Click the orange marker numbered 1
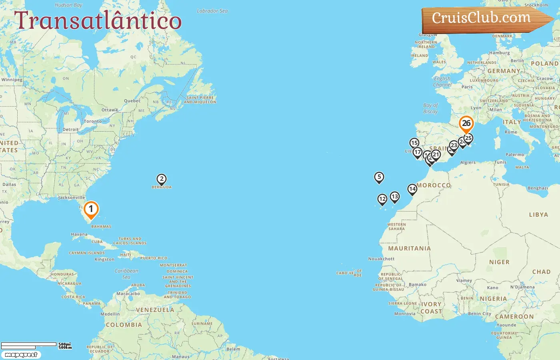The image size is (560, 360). click(91, 209)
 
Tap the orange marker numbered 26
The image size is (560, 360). click(466, 124)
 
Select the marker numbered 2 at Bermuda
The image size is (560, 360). click(162, 179)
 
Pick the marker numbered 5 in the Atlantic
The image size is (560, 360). click(379, 177)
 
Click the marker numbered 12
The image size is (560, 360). click(382, 199)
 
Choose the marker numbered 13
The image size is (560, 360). click(395, 196)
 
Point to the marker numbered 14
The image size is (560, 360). click(412, 189)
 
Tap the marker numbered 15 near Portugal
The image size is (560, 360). click(414, 143)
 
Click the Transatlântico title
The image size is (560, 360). click(98, 21)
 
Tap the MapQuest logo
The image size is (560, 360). click(21, 355)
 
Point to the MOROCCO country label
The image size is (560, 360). click(434, 186)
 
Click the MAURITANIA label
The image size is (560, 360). click(410, 248)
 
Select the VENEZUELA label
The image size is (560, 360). click(155, 310)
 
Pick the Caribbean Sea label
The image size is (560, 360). click(126, 274)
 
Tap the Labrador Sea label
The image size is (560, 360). click(212, 11)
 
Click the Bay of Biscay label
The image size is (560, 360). click(430, 108)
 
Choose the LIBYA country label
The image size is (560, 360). click(538, 215)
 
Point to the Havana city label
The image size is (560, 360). click(79, 234)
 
